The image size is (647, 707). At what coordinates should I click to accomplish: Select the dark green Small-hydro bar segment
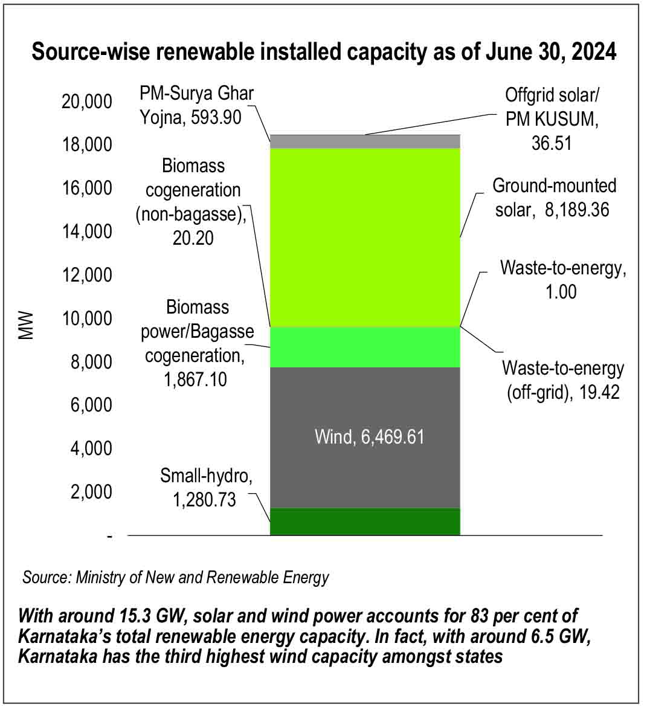pyautogui.click(x=365, y=521)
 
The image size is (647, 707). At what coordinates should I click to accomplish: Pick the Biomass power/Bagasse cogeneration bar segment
pyautogui.click(x=365, y=347)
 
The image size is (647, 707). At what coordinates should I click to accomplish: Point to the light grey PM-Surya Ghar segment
pyautogui.click(x=365, y=141)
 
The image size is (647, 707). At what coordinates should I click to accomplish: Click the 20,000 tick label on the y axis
pyautogui.click(x=87, y=102)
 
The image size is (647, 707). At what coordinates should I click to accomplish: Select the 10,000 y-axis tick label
pyautogui.click(x=87, y=318)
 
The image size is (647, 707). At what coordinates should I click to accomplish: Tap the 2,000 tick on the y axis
pyautogui.click(x=91, y=492)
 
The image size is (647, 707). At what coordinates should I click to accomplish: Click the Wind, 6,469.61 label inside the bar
pyautogui.click(x=369, y=436)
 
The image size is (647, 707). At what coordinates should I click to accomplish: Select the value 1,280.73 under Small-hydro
pyautogui.click(x=204, y=500)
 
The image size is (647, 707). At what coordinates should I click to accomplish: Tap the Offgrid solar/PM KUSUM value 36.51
pyautogui.click(x=552, y=143)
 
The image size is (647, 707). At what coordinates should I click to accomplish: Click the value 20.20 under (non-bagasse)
pyautogui.click(x=193, y=237)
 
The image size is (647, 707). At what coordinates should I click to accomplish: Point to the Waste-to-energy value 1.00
pyautogui.click(x=562, y=291)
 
